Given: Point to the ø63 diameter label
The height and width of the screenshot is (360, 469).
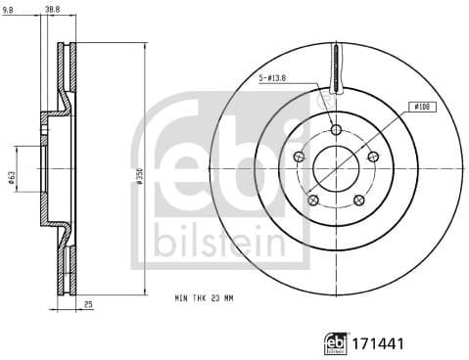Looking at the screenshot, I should coord(12,177).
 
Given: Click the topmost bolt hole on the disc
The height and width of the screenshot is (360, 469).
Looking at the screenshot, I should coord(336,129).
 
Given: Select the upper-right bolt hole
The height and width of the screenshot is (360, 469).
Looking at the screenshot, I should coord(372,157).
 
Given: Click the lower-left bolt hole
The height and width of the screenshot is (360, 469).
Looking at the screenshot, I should coord(313,200).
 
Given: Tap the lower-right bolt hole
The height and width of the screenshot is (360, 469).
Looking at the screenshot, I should coord(358,200).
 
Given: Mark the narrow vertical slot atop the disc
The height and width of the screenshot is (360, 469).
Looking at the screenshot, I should coord(336,68).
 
